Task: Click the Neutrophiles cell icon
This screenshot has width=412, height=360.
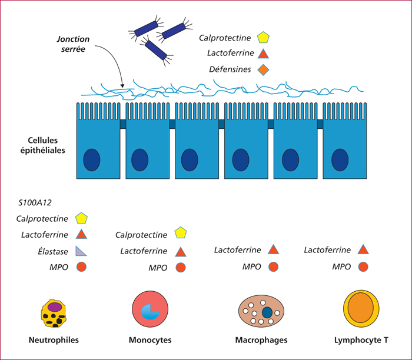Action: click(54, 314)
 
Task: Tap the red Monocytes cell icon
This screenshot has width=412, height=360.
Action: click(150, 309)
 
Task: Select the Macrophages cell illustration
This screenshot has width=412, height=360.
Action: click(261, 311)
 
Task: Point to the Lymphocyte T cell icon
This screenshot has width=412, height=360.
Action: click(361, 309)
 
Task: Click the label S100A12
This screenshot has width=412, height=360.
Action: click(35, 203)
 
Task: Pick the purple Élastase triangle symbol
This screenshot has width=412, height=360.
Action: click(81, 251)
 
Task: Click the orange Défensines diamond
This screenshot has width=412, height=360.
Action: click(263, 70)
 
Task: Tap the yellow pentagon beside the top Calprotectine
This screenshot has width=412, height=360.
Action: click(263, 38)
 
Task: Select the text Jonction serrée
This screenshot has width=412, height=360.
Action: click(74, 44)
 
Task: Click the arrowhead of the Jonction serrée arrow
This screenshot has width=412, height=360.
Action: click(122, 86)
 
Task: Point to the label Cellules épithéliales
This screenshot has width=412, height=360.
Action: click(43, 145)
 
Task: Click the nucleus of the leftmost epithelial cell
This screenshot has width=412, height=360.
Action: click(92, 160)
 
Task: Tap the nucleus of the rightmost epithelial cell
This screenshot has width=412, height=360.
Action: click(340, 160)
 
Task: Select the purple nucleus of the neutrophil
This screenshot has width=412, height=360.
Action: click(55, 306)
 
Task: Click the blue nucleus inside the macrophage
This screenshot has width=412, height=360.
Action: click(267, 312)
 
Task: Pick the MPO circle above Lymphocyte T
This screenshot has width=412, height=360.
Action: click(363, 267)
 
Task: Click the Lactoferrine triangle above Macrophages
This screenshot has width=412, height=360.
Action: click(273, 249)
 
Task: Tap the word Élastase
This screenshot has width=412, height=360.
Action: click(53, 251)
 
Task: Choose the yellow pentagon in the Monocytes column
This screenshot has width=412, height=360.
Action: click(181, 233)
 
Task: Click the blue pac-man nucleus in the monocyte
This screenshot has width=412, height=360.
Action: click(149, 312)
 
